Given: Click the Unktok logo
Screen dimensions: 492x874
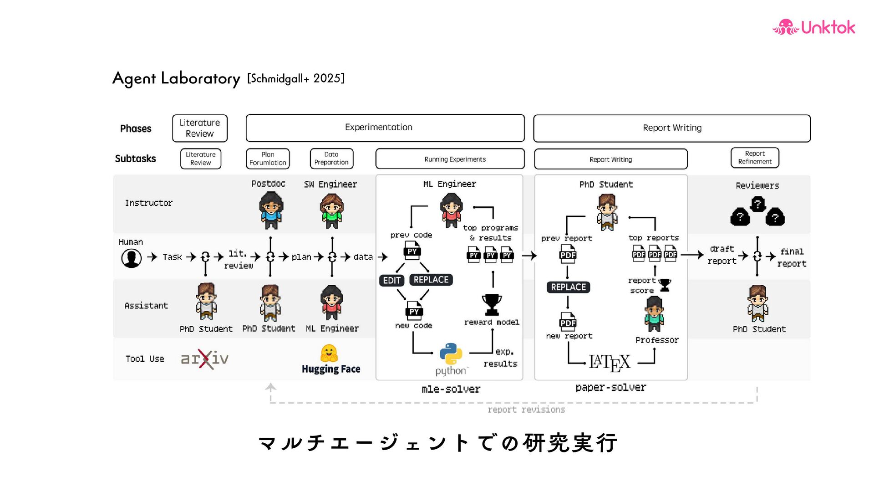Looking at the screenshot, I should (813, 27).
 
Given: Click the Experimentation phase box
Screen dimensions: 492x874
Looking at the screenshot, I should (385, 128).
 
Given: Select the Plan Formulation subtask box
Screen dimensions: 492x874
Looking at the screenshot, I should (268, 159).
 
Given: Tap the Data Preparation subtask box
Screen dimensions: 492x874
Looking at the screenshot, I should (331, 159).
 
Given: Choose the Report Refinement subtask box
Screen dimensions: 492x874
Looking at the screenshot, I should (755, 158).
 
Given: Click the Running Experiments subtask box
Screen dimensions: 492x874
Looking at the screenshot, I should (450, 159).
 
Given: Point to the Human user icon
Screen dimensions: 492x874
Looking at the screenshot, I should (131, 258).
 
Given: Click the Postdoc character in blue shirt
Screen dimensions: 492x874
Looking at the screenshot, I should (271, 210).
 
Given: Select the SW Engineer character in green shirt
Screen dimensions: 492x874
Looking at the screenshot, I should (331, 211).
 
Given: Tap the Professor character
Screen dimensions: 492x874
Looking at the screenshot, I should (654, 314).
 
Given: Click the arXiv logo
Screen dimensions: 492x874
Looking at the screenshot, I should (205, 359).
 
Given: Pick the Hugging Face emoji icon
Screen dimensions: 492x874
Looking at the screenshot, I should (329, 354).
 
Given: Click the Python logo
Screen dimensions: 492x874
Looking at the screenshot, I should (451, 354).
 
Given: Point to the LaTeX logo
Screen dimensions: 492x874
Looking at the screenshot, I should (610, 363).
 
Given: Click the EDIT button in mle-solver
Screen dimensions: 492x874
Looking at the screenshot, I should (391, 281).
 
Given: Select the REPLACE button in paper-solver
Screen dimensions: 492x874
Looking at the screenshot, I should (568, 287).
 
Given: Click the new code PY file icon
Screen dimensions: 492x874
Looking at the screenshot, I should (414, 311).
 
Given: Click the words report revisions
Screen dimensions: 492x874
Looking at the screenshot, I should (526, 410).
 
